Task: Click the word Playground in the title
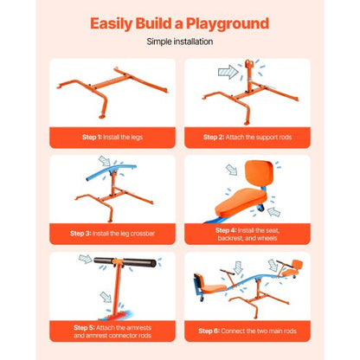point(228,24)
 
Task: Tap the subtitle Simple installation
point(180,42)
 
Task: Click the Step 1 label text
point(92,137)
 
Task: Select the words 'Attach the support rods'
point(259,137)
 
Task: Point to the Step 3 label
point(80,233)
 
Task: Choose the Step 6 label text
point(209,331)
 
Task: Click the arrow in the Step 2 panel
point(228,72)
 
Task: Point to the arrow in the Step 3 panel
point(105,161)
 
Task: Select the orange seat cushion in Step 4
point(241,202)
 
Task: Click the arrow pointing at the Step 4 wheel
point(273,212)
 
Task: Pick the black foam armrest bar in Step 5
point(125,263)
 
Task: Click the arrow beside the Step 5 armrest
point(86,259)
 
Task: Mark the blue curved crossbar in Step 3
point(111,171)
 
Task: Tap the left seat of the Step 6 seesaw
point(209,286)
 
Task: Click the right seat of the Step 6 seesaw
point(292,268)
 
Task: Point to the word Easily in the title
point(111,24)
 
